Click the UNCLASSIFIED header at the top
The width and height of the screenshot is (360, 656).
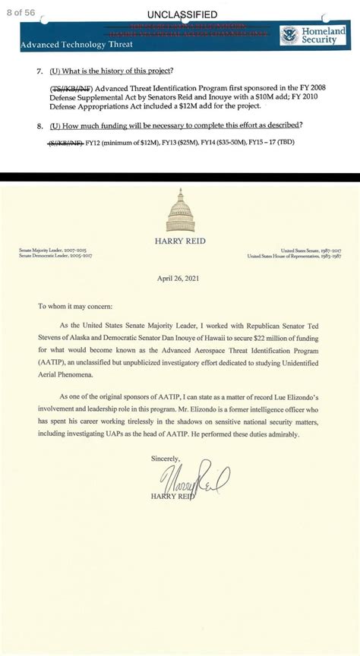pos(182,14)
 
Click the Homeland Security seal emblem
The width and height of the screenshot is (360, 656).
pos(289,35)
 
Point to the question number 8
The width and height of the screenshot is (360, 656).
pos(39,125)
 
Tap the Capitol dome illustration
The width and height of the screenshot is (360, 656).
pos(181,207)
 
